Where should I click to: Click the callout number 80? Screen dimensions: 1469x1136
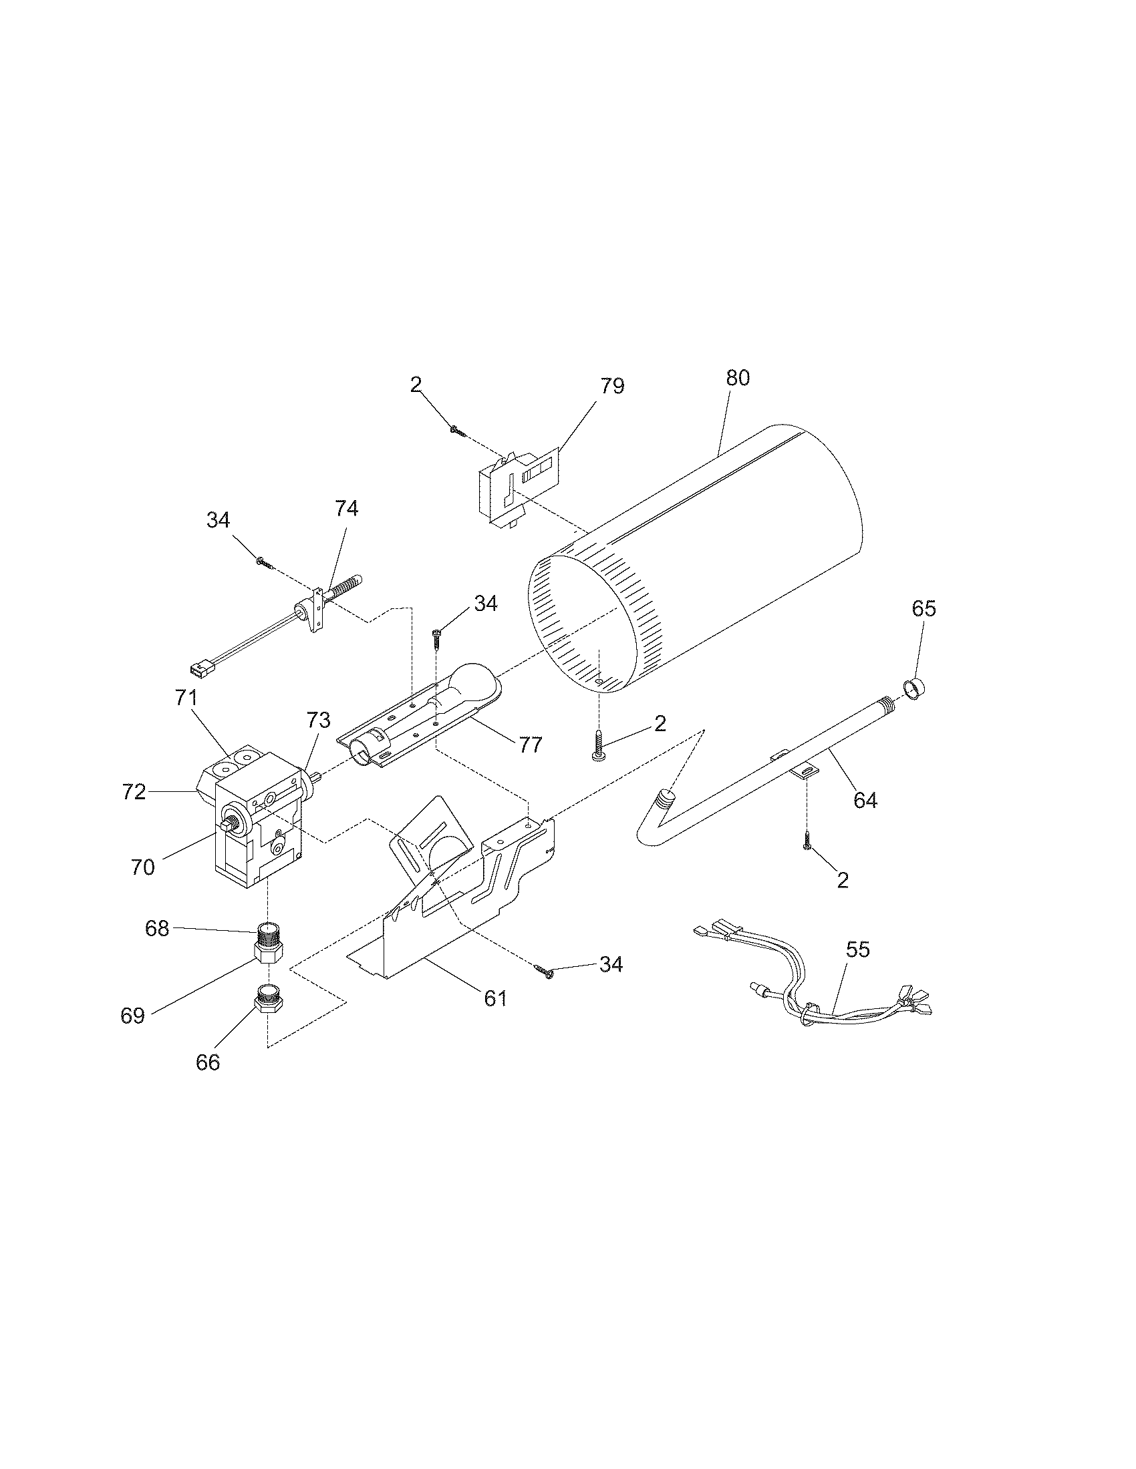point(738,379)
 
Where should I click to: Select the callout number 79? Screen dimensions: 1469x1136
point(612,386)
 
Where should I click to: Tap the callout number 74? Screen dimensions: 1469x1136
point(347,509)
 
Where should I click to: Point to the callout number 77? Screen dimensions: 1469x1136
point(531,745)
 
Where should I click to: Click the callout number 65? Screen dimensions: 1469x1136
point(924,609)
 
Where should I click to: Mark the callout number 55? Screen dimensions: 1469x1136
point(858,950)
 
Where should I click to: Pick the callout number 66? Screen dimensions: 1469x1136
point(208,1062)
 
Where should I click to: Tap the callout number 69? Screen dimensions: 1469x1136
point(133,1016)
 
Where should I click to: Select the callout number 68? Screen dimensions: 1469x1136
point(157,929)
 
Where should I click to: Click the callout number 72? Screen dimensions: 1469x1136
point(134,793)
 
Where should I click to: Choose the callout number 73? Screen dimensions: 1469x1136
point(318,721)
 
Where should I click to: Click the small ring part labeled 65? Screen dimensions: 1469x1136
point(915,690)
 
